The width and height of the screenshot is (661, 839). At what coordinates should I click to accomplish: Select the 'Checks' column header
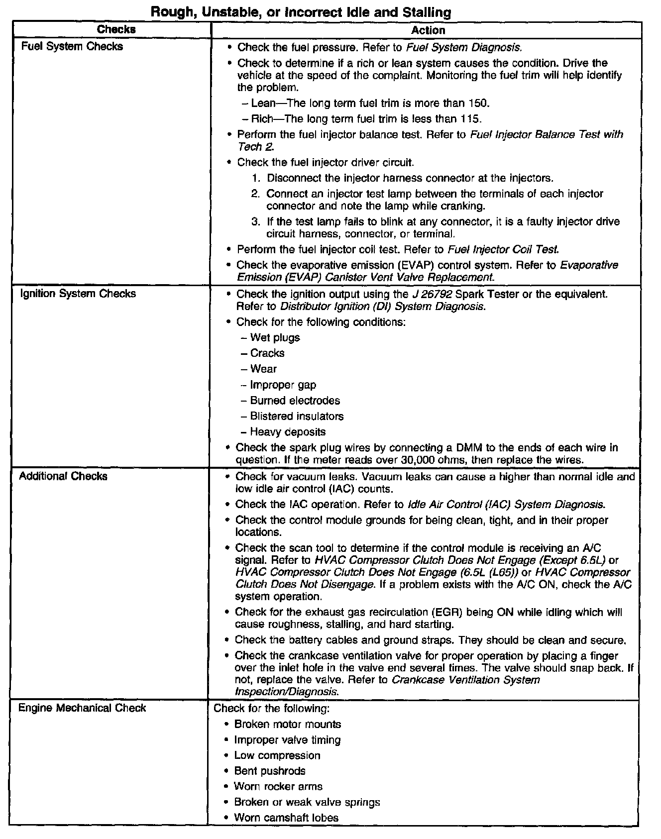[116, 29]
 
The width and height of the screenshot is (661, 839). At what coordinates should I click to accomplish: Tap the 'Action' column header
[428, 30]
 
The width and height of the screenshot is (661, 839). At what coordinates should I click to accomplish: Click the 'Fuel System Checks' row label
[72, 46]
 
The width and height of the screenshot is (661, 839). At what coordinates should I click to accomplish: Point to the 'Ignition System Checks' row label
[78, 293]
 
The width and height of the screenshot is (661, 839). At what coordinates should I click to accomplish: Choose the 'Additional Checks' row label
[63, 476]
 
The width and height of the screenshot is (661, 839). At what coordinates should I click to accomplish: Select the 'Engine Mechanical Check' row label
[82, 708]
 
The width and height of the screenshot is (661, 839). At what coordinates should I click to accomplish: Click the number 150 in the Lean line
[479, 103]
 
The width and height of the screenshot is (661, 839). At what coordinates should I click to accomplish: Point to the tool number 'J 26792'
[432, 294]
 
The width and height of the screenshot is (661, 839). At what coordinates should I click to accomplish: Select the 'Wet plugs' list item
[275, 337]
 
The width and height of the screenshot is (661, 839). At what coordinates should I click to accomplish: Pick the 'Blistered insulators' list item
[297, 416]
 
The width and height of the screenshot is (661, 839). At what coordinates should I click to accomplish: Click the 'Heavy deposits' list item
[288, 432]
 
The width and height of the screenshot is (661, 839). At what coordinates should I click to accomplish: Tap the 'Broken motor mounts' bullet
[288, 724]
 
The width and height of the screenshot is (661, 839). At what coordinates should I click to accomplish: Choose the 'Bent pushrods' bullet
[270, 771]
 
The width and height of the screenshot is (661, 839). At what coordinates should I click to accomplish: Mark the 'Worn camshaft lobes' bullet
[286, 818]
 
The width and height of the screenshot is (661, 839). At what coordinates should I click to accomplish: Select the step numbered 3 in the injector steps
[255, 222]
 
